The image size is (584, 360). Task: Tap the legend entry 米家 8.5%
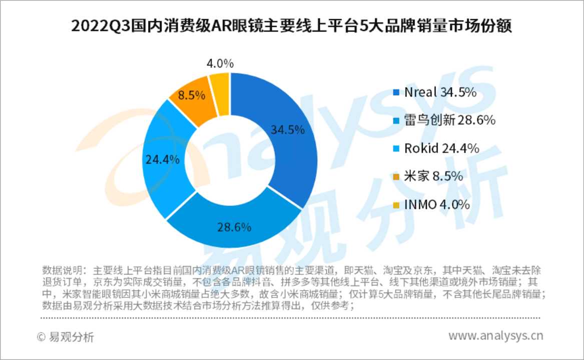[x=428, y=176]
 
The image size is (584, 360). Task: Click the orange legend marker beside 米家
[x=396, y=177]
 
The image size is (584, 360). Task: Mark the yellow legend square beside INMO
[x=396, y=205]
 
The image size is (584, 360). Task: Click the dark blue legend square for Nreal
[x=396, y=92]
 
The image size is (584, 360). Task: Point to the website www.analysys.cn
[x=495, y=335]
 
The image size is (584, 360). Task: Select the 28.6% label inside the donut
[x=234, y=227]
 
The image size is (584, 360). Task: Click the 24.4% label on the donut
[x=162, y=159]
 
